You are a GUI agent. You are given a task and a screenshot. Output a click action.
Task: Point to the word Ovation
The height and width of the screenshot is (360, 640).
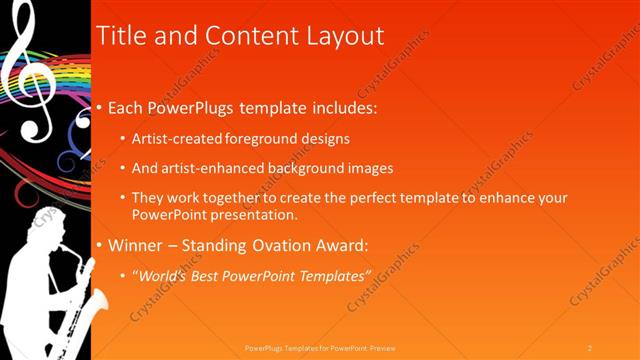pos(271,245)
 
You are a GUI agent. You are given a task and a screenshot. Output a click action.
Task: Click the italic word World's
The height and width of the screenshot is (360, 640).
pos(163,275)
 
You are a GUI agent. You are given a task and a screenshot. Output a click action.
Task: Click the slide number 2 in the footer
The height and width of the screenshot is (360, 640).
pos(590,347)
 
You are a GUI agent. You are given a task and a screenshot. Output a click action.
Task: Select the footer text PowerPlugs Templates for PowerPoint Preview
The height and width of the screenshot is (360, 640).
pos(320,347)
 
